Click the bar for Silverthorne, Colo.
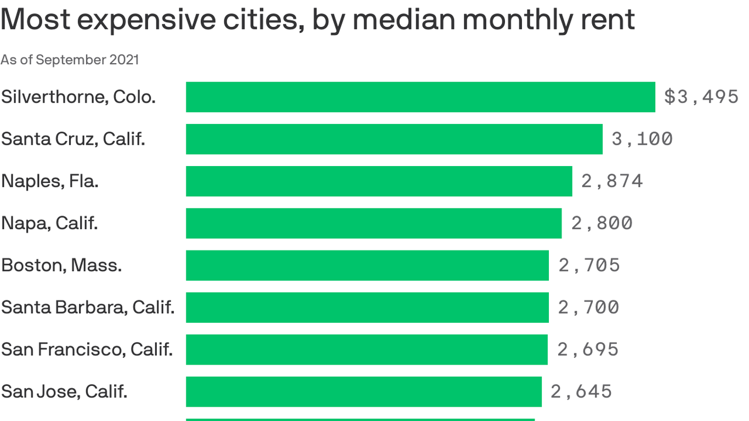tap(420, 97)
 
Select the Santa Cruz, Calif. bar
tap(394, 139)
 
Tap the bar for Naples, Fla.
tap(378, 181)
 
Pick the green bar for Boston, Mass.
tap(367, 265)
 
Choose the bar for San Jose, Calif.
tap(364, 391)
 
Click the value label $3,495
tap(701, 97)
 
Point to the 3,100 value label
tap(642, 139)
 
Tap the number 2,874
tap(612, 181)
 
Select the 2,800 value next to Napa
tap(602, 223)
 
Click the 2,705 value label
tap(589, 265)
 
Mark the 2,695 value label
tap(588, 349)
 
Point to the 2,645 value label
tap(581, 391)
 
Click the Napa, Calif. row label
tap(49, 223)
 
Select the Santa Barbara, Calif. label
tap(88, 308)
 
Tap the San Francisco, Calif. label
tap(87, 349)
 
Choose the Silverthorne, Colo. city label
tap(78, 97)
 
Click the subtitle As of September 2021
tap(70, 60)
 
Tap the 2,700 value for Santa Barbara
tap(589, 308)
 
